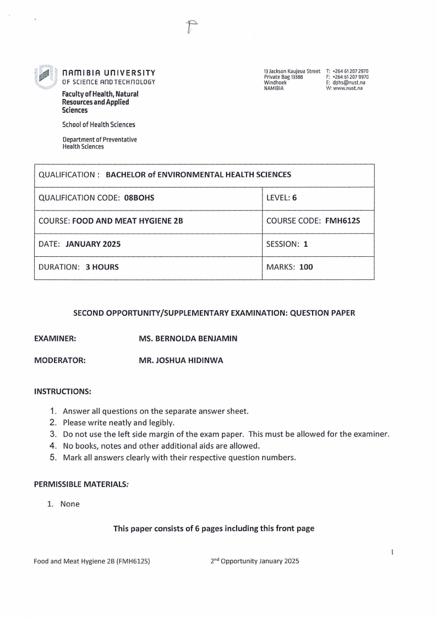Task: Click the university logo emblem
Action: coord(46,76)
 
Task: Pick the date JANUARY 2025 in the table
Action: coord(93,245)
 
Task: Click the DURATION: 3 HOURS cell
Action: coord(78,268)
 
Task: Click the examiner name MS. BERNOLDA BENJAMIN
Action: coord(188,339)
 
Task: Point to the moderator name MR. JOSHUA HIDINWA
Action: coord(181,361)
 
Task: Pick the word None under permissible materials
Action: coord(70,504)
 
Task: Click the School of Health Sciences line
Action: coord(99,125)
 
